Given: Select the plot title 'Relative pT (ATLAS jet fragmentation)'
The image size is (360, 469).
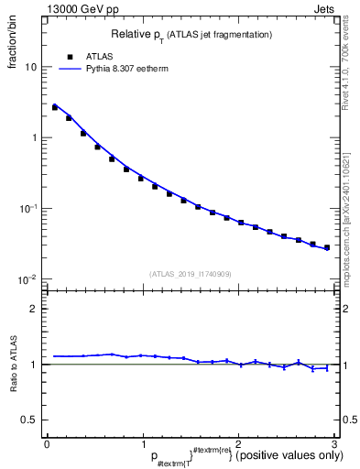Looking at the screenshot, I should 191,34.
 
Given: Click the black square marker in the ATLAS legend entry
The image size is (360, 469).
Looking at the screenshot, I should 70,56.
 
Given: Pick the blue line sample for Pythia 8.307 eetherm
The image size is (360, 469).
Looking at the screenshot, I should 70,68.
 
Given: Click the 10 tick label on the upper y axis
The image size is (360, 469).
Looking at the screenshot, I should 30,67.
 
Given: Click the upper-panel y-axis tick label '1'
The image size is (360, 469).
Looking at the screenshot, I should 34,138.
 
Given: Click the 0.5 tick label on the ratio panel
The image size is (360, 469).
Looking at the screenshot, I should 29,420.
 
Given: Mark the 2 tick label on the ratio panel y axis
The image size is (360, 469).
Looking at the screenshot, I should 34,309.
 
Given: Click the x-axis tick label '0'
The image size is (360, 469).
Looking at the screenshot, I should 47,445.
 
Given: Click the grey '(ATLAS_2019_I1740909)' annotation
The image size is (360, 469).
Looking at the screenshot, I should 191,274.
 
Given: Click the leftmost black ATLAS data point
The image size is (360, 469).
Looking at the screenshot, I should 55,107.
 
